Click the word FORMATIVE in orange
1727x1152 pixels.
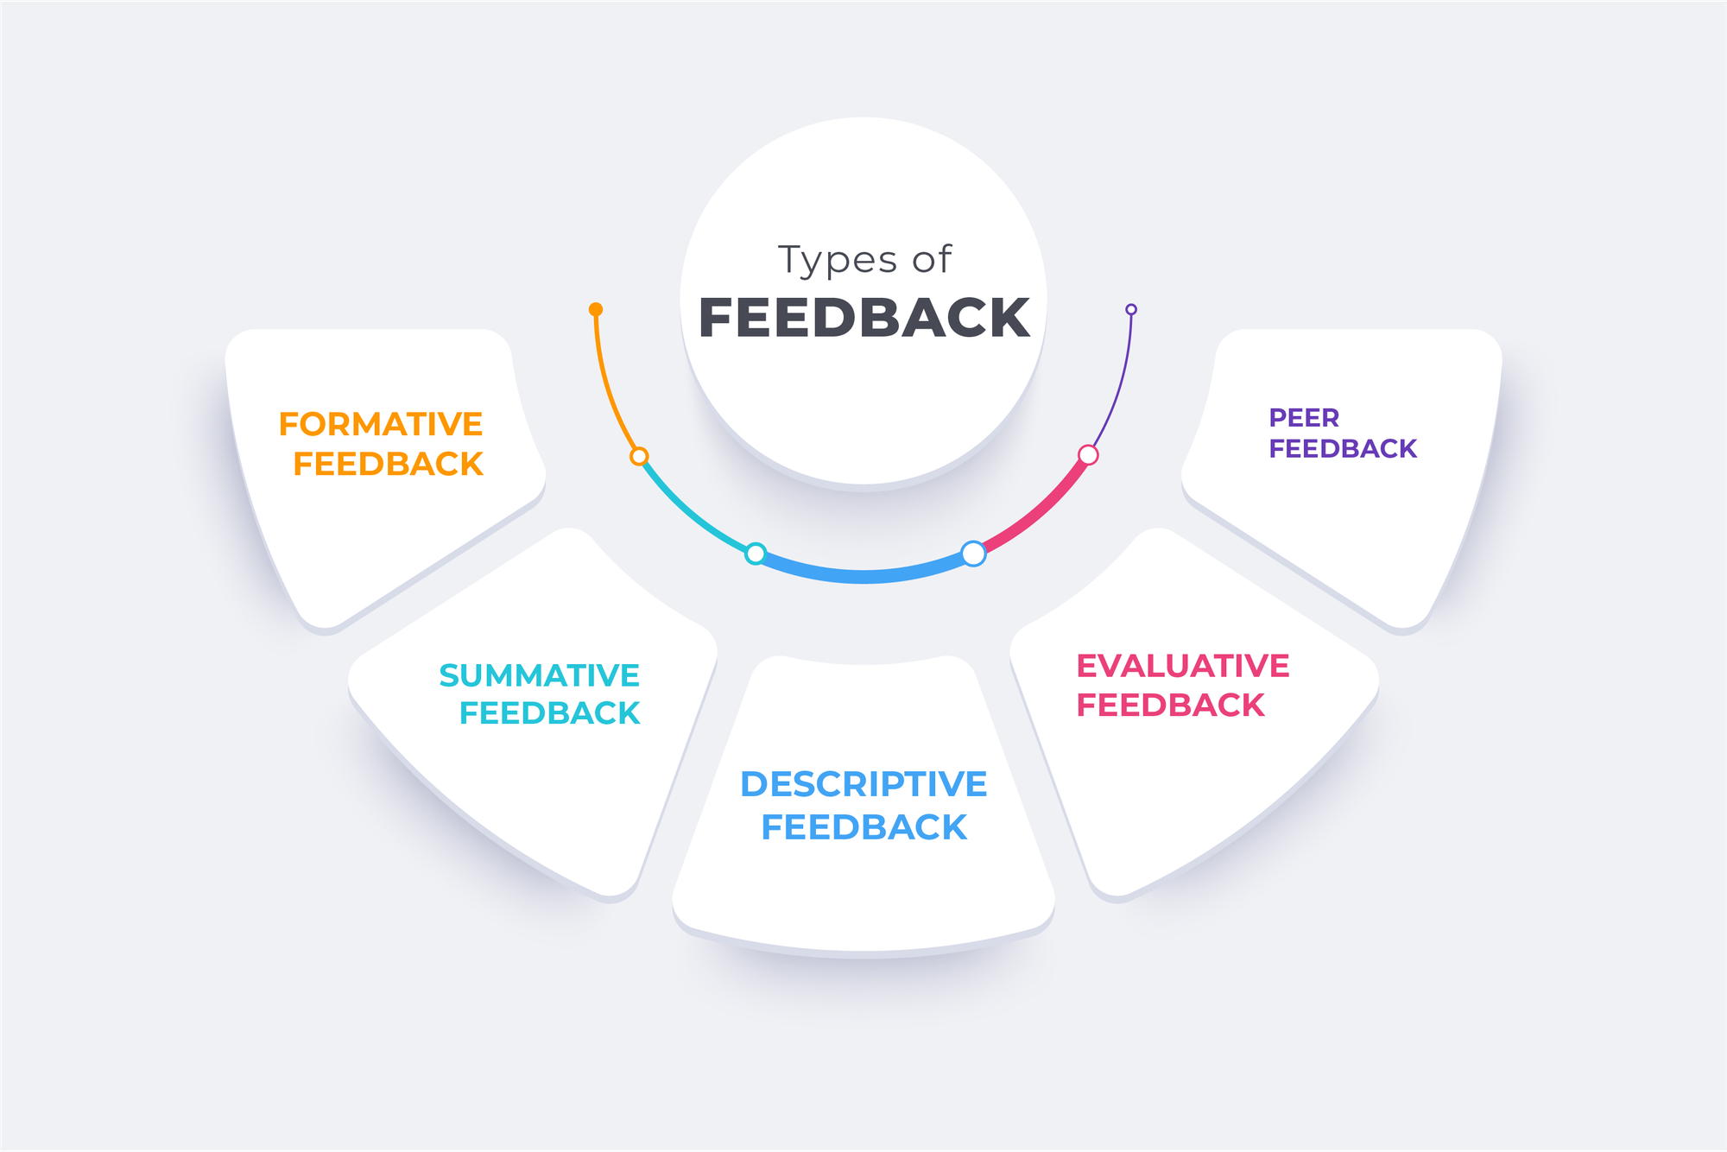tap(381, 424)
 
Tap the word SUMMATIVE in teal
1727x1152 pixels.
tap(539, 675)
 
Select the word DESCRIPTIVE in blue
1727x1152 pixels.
tap(863, 784)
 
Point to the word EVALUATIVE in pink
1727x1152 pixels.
tap(1182, 666)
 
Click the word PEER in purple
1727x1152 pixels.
tap(1304, 418)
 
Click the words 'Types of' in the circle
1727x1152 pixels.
tap(864, 260)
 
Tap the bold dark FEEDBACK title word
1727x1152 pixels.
tap(864, 318)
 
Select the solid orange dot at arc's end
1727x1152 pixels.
tap(596, 309)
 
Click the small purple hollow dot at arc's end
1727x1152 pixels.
tap(1131, 309)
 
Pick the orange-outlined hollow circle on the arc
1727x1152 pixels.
tap(639, 456)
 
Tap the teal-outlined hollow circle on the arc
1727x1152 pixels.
tap(756, 554)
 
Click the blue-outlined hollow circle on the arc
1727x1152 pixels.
tap(973, 554)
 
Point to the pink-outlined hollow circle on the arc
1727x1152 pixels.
tap(1088, 455)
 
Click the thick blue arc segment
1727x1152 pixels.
tap(863, 576)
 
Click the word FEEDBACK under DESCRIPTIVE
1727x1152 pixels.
tap(863, 827)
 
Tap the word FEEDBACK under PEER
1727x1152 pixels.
tap(1343, 449)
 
